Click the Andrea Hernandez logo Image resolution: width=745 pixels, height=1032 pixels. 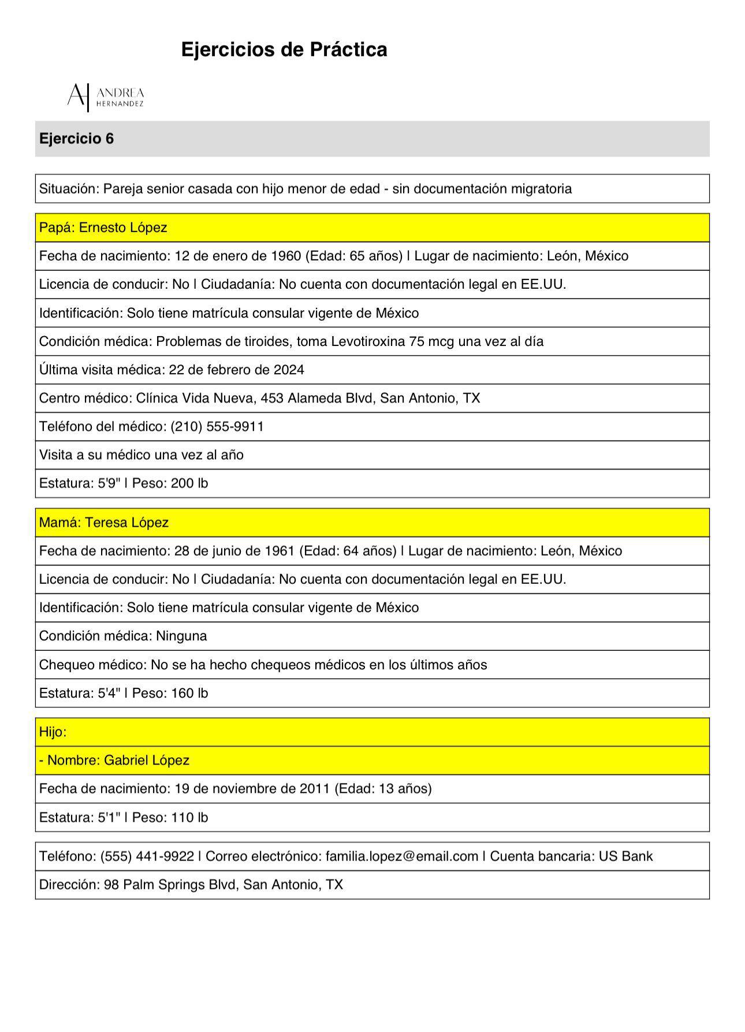(106, 96)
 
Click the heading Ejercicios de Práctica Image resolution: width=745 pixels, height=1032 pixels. (284, 50)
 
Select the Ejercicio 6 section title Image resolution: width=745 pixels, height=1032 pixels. (77, 139)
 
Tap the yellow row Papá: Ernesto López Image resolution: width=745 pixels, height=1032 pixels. (103, 228)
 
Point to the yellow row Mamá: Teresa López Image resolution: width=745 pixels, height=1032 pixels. (104, 523)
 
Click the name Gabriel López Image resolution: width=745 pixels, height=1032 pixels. (146, 760)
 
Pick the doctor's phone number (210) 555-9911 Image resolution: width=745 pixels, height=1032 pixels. (217, 427)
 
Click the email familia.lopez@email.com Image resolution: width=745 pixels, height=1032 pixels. (401, 856)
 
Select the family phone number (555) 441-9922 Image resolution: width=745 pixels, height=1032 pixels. (147, 856)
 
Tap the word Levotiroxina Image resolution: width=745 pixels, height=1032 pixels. (367, 341)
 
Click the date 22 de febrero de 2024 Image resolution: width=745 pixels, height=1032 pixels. (236, 370)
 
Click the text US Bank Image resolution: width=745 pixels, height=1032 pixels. (625, 856)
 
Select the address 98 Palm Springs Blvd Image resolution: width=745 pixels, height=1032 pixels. (170, 885)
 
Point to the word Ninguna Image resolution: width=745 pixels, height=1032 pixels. (181, 636)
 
